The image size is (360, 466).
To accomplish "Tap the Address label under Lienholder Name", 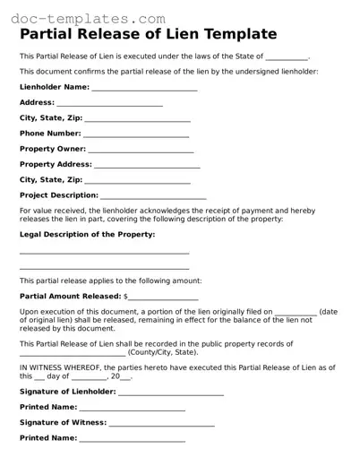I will pyautogui.click(x=37, y=102).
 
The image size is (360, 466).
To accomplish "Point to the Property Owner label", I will pyautogui.click(x=53, y=149).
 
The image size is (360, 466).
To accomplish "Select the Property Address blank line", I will pyautogui.click(x=147, y=167).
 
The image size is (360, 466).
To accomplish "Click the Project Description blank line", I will pyautogui.click(x=153, y=197).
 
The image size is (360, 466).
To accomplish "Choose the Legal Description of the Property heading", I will pyautogui.click(x=87, y=234).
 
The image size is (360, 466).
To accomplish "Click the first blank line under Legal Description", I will pyautogui.click(x=104, y=254).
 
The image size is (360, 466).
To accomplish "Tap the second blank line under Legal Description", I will pyautogui.click(x=104, y=268).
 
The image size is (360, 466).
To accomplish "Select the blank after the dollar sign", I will pyautogui.click(x=163, y=298).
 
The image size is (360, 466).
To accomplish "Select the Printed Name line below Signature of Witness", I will pyautogui.click(x=133, y=440).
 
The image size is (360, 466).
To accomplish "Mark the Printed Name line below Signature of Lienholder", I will pyautogui.click(x=133, y=410).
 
